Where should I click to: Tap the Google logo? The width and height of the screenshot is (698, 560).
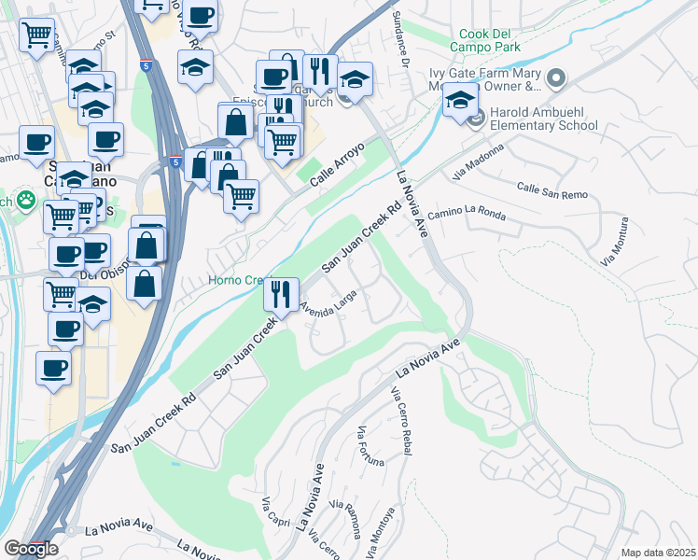pos(31,549)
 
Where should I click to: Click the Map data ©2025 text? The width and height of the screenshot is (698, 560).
pos(658,553)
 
